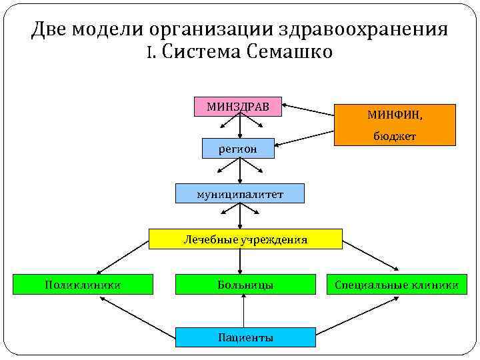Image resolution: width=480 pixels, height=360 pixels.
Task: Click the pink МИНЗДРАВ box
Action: point(237,107)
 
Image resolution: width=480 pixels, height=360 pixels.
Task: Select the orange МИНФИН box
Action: point(395,125)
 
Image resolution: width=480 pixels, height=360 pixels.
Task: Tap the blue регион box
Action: point(238,149)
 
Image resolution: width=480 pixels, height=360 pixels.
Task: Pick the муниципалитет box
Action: point(239,194)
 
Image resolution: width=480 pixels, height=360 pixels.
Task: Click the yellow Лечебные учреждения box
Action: point(245,239)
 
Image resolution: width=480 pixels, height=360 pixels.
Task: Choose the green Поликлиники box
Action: point(83,285)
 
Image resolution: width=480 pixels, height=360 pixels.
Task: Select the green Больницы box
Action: point(245,285)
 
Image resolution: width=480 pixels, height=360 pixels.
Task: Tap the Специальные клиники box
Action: point(397,285)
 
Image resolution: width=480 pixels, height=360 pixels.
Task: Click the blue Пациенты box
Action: point(245,337)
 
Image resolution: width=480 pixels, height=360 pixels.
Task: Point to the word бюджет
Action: point(395,136)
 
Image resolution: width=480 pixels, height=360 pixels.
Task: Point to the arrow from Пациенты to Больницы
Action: point(245,311)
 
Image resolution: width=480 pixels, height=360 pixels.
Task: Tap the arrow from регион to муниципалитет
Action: point(240,171)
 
